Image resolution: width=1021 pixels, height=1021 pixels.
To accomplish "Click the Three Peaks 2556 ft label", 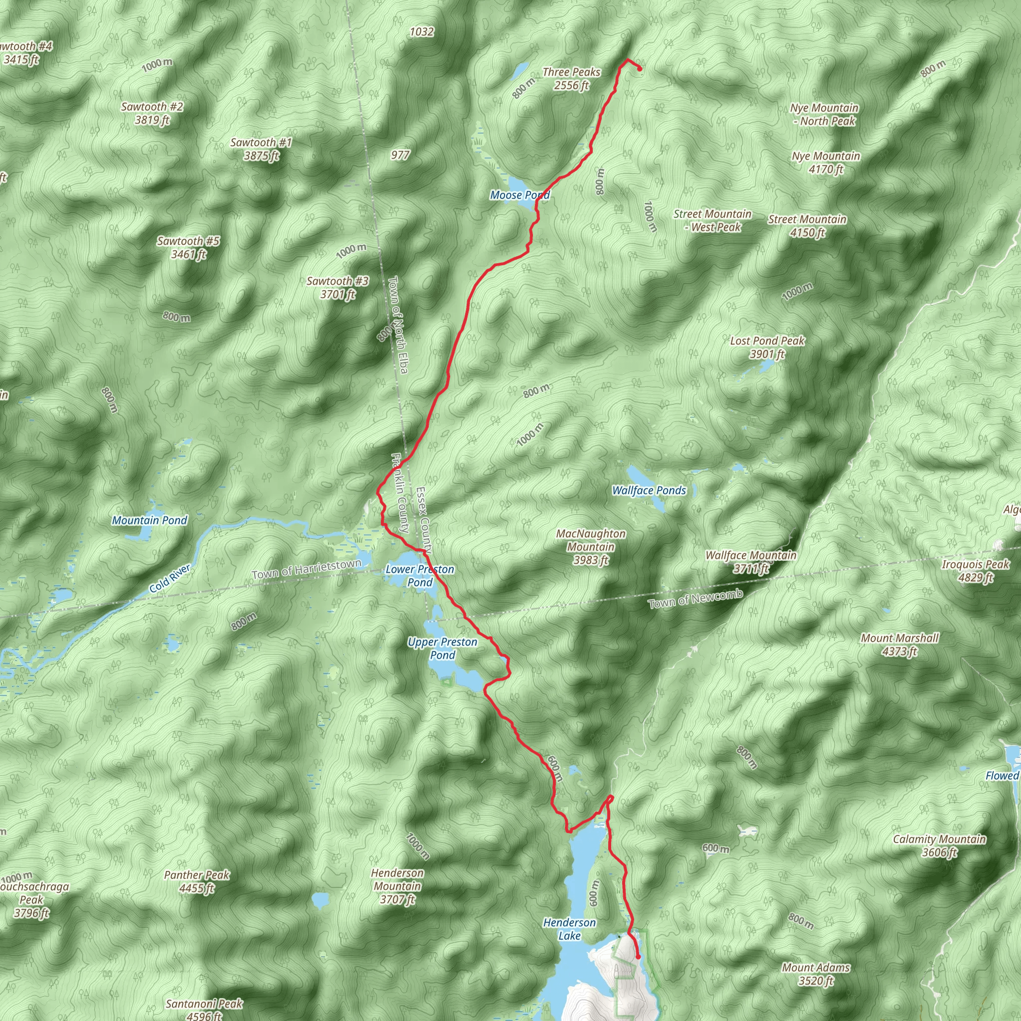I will pyautogui.click(x=571, y=79).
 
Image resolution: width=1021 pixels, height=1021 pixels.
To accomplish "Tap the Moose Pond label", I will pyautogui.click(x=519, y=195).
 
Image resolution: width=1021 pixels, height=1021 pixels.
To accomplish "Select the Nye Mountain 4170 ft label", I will pyautogui.click(x=826, y=163).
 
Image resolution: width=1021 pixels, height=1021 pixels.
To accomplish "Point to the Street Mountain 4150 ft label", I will pyautogui.click(x=807, y=226).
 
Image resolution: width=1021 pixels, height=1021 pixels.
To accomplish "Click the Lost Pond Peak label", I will pyautogui.click(x=767, y=347).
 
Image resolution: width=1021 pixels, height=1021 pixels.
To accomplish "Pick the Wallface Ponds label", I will pyautogui.click(x=649, y=491).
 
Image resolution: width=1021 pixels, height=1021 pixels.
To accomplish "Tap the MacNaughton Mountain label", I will pyautogui.click(x=591, y=546).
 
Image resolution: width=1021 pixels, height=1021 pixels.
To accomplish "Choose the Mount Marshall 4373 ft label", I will pyautogui.click(x=899, y=644).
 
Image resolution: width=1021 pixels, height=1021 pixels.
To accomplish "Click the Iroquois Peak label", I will pyautogui.click(x=975, y=571).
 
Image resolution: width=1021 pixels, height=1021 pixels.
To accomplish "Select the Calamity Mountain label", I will pyautogui.click(x=939, y=845).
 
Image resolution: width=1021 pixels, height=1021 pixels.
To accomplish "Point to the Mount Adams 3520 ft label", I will pyautogui.click(x=816, y=974).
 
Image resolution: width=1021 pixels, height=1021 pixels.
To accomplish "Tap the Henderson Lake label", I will pyautogui.click(x=569, y=928).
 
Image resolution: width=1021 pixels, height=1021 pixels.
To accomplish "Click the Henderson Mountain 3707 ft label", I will pyautogui.click(x=397, y=886).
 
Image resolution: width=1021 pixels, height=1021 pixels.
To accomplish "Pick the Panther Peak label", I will pyautogui.click(x=196, y=881).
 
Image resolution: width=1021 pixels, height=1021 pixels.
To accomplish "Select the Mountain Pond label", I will pyautogui.click(x=150, y=520).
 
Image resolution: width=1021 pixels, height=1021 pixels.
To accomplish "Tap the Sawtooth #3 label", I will pyautogui.click(x=338, y=288).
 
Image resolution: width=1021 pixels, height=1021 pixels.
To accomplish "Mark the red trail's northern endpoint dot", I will pyautogui.click(x=640, y=69).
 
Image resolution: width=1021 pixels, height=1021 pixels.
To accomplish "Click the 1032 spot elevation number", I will pyautogui.click(x=422, y=32).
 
